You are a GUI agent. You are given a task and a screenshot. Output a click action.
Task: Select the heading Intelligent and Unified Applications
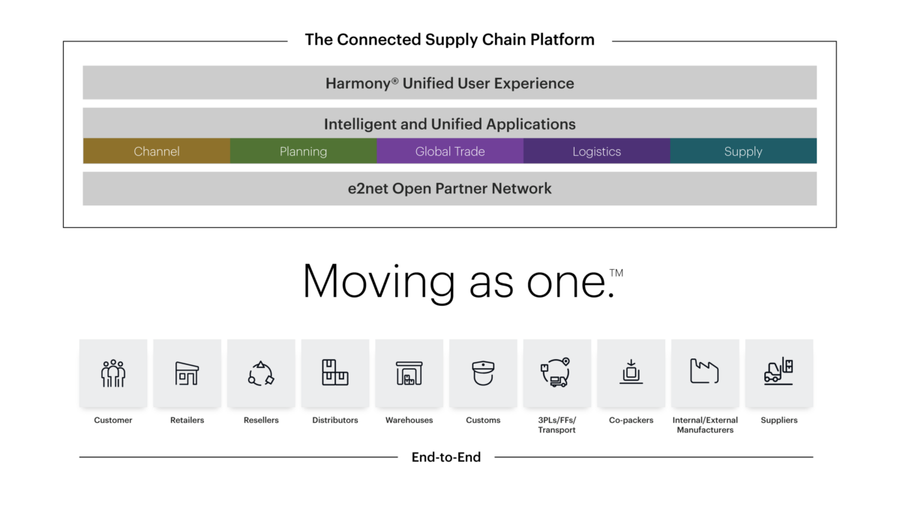(450, 124)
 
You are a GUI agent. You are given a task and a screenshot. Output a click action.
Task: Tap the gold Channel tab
(157, 151)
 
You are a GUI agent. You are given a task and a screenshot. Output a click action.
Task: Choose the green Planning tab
(303, 151)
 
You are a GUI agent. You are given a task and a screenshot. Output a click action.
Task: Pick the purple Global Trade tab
(450, 151)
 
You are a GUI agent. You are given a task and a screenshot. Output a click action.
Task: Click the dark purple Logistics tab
(596, 151)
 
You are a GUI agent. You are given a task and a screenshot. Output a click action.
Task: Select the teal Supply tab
(743, 151)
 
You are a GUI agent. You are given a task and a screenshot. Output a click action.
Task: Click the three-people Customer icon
(113, 373)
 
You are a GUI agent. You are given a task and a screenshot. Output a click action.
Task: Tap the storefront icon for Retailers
(187, 373)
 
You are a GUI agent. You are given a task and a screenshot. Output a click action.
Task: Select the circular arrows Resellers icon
(261, 373)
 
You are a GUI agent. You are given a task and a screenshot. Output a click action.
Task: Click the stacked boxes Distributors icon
(335, 373)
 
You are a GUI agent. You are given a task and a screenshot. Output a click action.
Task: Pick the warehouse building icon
(409, 373)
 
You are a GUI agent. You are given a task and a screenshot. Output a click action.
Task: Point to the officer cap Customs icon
(483, 373)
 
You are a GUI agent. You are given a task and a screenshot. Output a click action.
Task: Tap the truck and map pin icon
(556, 373)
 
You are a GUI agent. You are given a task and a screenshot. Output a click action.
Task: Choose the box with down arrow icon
(631, 373)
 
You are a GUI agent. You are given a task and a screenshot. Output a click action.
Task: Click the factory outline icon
(705, 373)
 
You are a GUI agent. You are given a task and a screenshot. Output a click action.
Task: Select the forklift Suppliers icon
(778, 373)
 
